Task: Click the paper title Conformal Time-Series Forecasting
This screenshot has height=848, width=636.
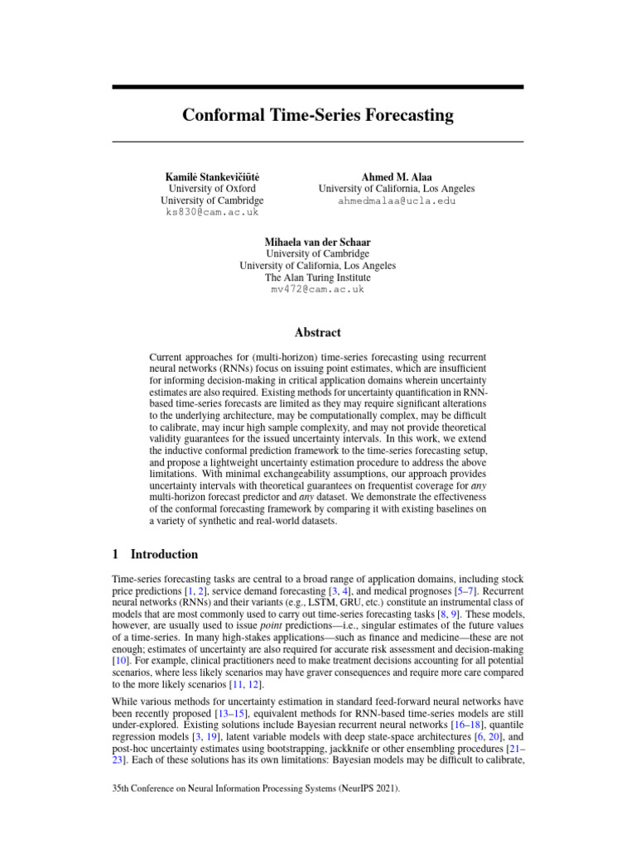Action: click(318, 115)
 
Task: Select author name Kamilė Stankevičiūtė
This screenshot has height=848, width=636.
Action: click(212, 176)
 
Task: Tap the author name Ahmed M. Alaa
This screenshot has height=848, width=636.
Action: click(397, 176)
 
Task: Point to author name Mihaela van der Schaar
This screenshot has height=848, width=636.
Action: click(317, 242)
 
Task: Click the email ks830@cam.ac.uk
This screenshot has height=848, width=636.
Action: click(212, 212)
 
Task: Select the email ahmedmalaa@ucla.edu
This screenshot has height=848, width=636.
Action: click(397, 200)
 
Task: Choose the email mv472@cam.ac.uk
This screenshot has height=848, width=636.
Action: click(317, 290)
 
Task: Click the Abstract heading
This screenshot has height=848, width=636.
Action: click(317, 332)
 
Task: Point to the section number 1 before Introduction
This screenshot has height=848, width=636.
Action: click(115, 554)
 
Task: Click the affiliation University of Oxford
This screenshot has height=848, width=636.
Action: click(212, 189)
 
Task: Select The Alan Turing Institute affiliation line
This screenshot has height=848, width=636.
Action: click(317, 278)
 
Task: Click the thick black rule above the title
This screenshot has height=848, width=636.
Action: click(318, 87)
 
